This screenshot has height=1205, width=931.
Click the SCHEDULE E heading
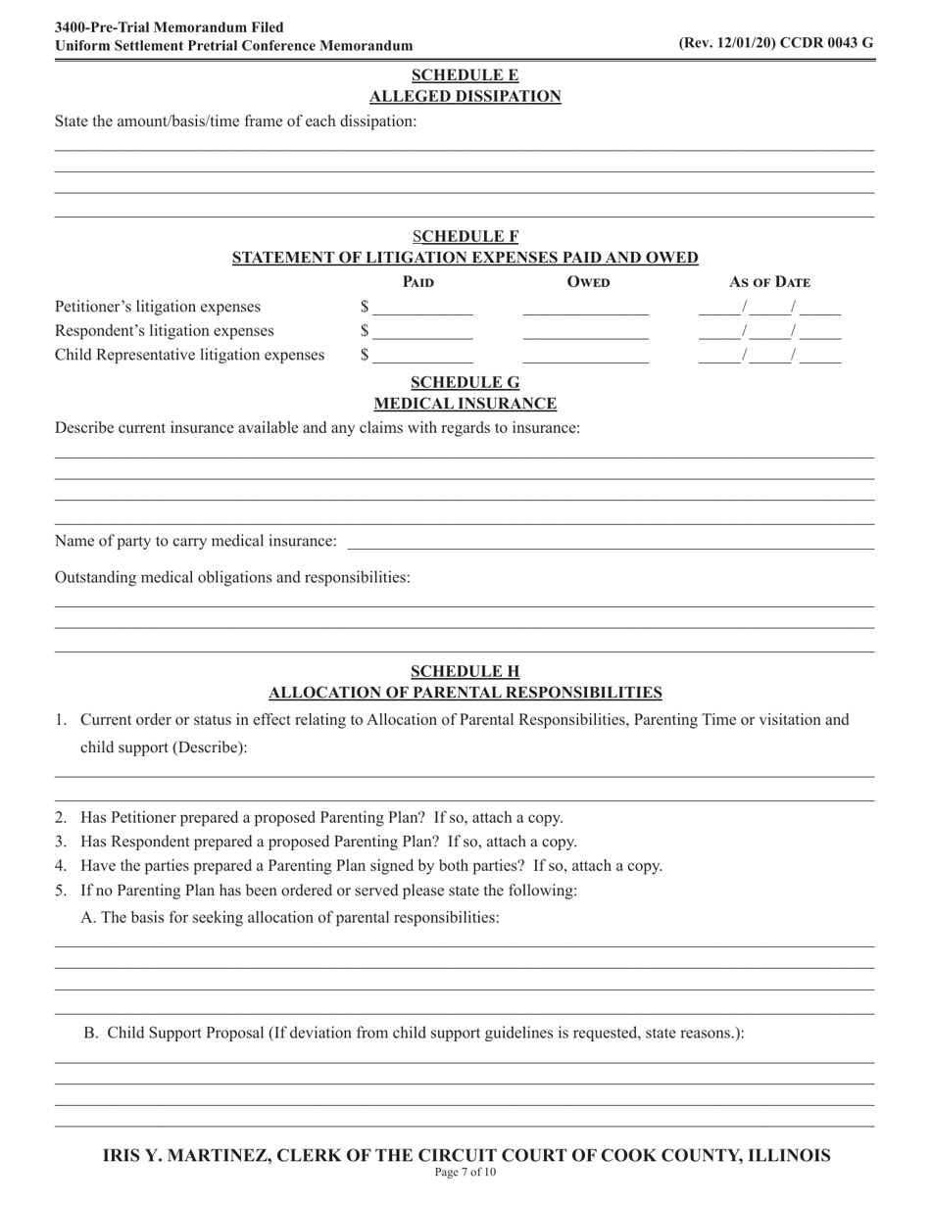click(x=465, y=75)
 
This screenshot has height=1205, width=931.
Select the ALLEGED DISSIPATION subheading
click(x=465, y=96)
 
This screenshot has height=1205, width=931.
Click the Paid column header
click(x=418, y=283)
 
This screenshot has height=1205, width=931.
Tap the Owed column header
click(x=588, y=283)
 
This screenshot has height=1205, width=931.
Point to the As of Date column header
click(x=769, y=283)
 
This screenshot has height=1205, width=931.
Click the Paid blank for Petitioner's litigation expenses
click(x=422, y=308)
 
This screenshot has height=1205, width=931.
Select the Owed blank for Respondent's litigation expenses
click(x=585, y=332)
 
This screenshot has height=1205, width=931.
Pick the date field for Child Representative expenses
click(x=769, y=356)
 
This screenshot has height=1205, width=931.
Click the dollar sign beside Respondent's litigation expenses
click(x=365, y=331)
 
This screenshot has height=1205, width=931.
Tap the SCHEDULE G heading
click(x=465, y=382)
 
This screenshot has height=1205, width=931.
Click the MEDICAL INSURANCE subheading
click(x=465, y=404)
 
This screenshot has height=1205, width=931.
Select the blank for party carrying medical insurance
click(x=611, y=542)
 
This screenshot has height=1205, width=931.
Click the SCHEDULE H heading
click(x=465, y=671)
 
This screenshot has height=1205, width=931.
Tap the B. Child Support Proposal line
click(x=414, y=1033)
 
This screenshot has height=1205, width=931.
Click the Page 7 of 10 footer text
click(x=465, y=1173)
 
